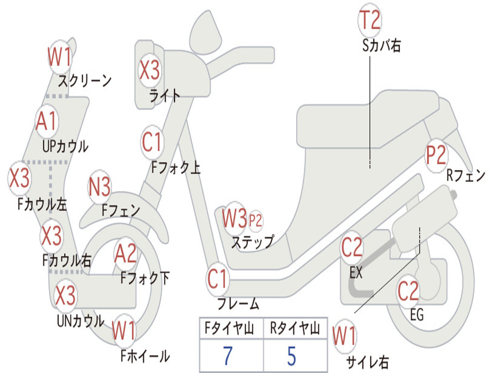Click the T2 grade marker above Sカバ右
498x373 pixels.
[x=370, y=19]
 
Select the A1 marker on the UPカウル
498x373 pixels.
[x=47, y=121]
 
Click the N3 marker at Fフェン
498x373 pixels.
[x=99, y=186]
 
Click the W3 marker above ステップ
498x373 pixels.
[x=234, y=218]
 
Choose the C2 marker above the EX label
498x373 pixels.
[x=352, y=247]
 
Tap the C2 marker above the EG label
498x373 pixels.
[x=408, y=291]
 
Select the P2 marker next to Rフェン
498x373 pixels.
[x=436, y=155]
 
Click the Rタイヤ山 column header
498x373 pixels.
[x=295, y=328]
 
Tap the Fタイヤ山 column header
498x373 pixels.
[x=230, y=328]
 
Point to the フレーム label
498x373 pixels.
[x=238, y=304]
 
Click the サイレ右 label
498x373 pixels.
[x=367, y=361]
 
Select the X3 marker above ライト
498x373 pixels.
[x=150, y=70]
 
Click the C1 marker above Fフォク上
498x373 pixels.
[x=152, y=142]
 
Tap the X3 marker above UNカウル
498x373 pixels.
[x=66, y=295]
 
